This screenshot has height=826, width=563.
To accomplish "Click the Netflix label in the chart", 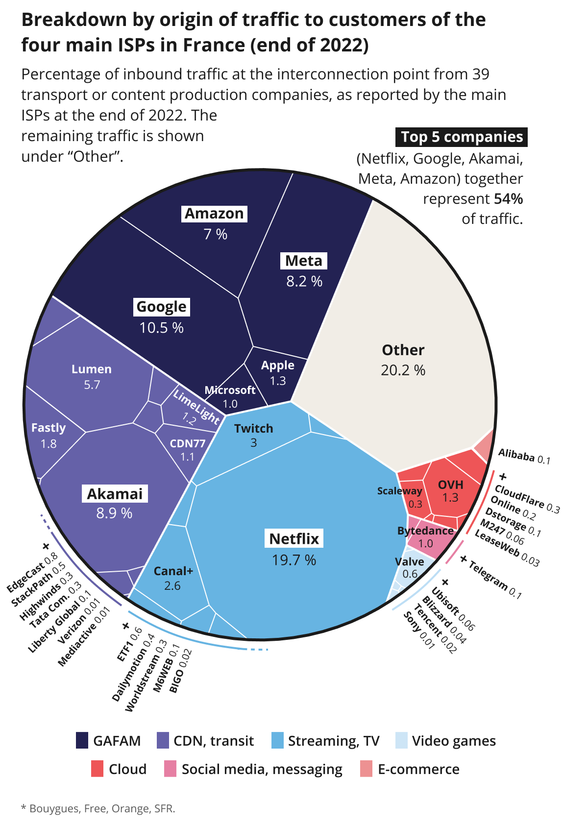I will click(x=294, y=539).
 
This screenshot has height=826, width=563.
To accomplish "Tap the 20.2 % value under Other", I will click(x=403, y=370).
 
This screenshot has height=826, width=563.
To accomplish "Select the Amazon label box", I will click(x=214, y=214).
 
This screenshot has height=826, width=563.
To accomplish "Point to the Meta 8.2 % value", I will click(x=304, y=281).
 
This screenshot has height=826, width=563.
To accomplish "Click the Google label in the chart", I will click(x=161, y=307).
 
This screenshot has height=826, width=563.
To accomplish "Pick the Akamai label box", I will click(x=115, y=494).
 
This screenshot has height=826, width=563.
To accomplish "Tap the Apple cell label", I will click(x=278, y=365).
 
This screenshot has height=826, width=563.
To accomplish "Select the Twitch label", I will click(x=253, y=429).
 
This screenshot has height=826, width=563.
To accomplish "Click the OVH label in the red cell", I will click(x=450, y=485).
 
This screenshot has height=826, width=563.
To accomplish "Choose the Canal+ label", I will click(x=173, y=571).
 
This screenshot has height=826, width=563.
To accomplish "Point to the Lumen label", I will click(x=92, y=369).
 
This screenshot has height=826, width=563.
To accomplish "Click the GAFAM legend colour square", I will click(x=82, y=740).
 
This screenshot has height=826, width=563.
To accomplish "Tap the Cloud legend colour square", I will click(x=98, y=769).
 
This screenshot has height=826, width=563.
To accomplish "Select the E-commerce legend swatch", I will click(x=366, y=769).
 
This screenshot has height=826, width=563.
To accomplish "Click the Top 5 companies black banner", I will click(x=462, y=137).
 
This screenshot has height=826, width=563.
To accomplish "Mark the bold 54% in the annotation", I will click(x=508, y=199).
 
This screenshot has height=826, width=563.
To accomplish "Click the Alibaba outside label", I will click(x=516, y=456).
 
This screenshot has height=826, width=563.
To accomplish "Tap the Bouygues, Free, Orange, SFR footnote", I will click(x=98, y=808).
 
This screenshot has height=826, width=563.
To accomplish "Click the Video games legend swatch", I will click(x=401, y=740).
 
